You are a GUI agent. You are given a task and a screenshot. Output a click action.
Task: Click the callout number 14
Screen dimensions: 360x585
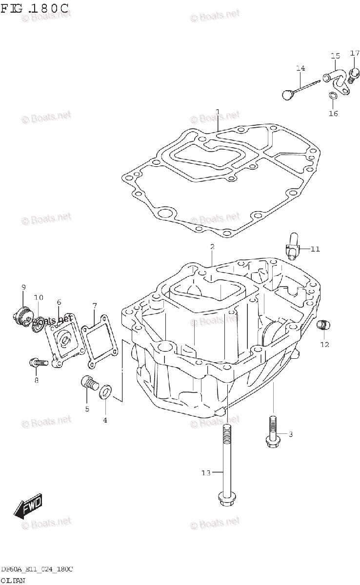pyautogui.click(x=300, y=67)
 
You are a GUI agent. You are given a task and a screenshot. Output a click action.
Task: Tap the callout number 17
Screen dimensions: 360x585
pyautogui.click(x=355, y=53)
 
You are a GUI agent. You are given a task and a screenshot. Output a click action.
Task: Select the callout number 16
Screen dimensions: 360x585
pyautogui.click(x=333, y=114)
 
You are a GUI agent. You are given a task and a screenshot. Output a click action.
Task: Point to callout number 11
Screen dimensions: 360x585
pyautogui.click(x=315, y=249)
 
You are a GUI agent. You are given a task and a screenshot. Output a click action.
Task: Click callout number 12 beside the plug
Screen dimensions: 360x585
pyautogui.click(x=324, y=345)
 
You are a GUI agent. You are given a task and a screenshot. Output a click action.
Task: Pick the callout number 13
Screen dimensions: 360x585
pyautogui.click(x=206, y=472)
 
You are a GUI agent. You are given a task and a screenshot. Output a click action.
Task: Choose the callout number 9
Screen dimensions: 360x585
pyautogui.click(x=23, y=288)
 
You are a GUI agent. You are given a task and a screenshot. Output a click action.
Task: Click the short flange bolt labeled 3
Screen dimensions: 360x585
pyautogui.click(x=273, y=433)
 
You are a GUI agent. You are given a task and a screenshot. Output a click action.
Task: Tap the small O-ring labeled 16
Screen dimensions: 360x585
pyautogui.click(x=332, y=96)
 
